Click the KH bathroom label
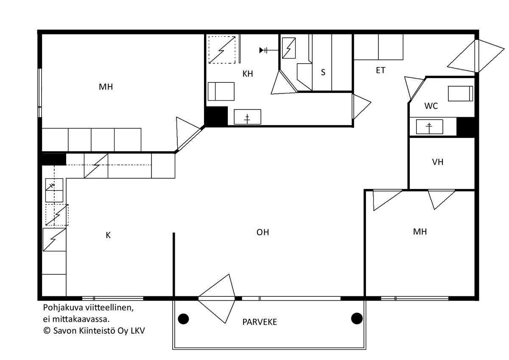tap(247, 74)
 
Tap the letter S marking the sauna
tap(323, 72)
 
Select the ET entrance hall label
tap(380, 70)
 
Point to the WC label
tap(431, 106)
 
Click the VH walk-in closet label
tap(438, 162)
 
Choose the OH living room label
tap(263, 232)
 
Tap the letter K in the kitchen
tap(108, 235)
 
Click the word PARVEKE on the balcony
tap(260, 322)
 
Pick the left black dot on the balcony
tap(183, 319)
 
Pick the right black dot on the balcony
tap(357, 318)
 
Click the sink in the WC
tap(429, 127)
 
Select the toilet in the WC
tap(460, 93)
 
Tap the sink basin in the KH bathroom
tap(247, 117)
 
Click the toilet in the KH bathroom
tap(221, 91)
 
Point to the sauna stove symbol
tap(289, 48)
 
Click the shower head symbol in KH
tap(263, 50)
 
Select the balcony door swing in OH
tap(217, 299)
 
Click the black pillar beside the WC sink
tap(466, 127)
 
